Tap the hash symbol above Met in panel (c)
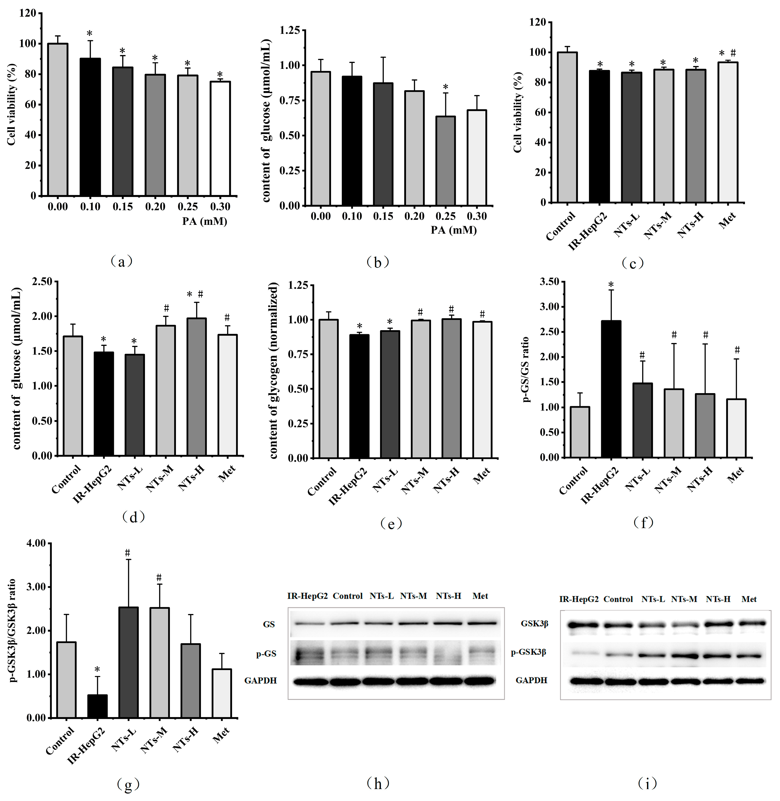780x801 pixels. pyautogui.click(x=733, y=53)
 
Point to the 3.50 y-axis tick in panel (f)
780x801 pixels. pyautogui.click(x=549, y=282)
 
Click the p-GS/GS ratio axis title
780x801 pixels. pyautogui.click(x=526, y=369)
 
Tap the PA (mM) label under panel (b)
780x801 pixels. pyautogui.click(x=453, y=230)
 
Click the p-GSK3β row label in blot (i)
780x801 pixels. pyautogui.click(x=528, y=652)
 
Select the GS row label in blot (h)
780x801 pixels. pyautogui.click(x=269, y=625)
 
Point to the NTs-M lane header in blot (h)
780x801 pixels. pyautogui.click(x=413, y=596)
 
